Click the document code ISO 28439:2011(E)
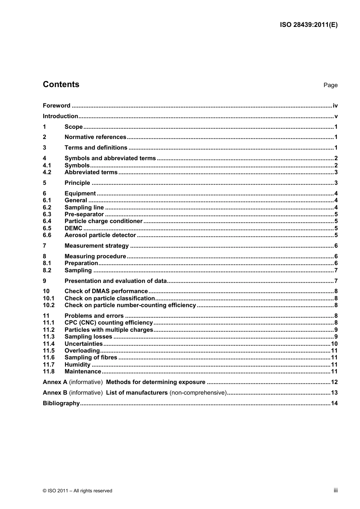click(x=308, y=25)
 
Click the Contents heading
click(x=61, y=84)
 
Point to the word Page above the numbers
click(x=330, y=85)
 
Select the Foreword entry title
click(x=56, y=106)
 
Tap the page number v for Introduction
click(x=336, y=116)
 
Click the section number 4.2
click(x=47, y=172)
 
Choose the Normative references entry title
click(x=95, y=137)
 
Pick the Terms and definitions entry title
click(x=96, y=148)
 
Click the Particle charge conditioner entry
click(x=103, y=221)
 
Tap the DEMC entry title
click(x=73, y=228)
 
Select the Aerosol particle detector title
click(x=100, y=235)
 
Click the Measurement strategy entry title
click(x=97, y=246)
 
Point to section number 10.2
click(x=49, y=305)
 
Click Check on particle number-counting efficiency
click(x=130, y=305)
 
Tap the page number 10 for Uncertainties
click(x=334, y=344)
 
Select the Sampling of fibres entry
click(x=91, y=358)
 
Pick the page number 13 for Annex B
click(x=334, y=393)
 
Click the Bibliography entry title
click(x=61, y=403)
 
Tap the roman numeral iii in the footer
click(x=335, y=490)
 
